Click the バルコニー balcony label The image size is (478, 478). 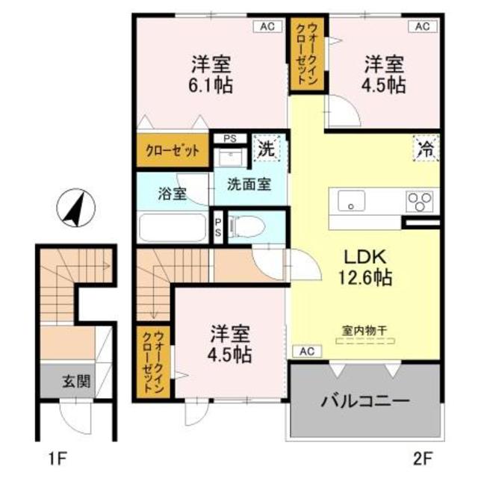365,402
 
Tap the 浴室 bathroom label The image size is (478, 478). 172,193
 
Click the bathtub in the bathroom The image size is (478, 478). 173,226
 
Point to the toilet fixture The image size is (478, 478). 246,225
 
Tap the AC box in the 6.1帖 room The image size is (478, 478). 267,26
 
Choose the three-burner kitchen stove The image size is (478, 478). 419,202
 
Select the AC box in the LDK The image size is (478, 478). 305,350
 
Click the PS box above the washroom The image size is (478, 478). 229,137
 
